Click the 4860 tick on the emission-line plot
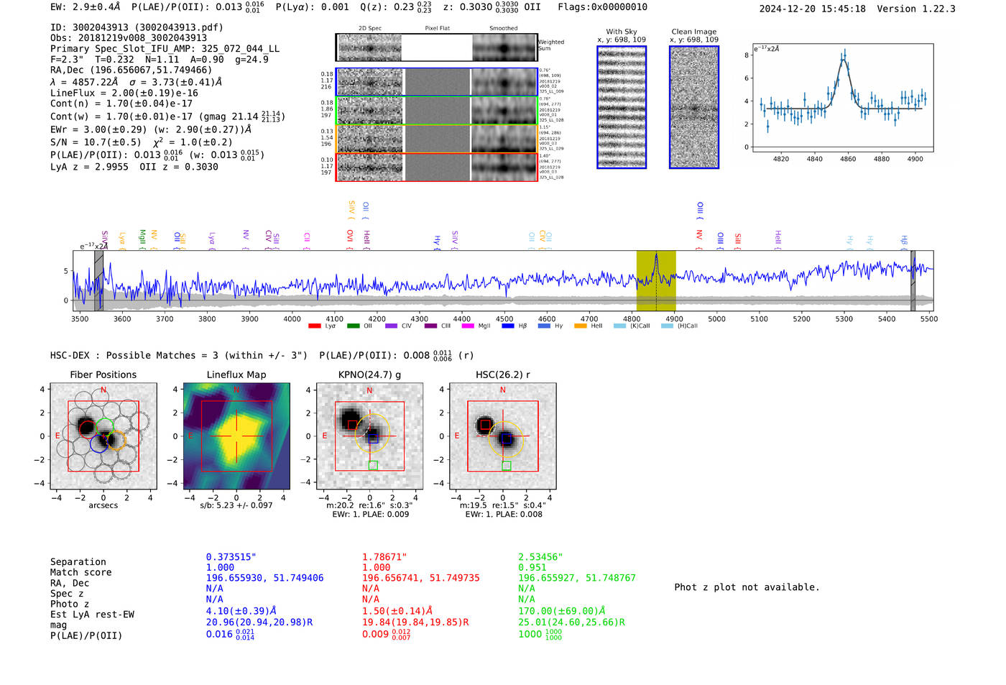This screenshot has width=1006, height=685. [x=848, y=159]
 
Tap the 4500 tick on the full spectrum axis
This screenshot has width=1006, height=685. [x=504, y=318]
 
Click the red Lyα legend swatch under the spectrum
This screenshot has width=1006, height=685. [x=314, y=326]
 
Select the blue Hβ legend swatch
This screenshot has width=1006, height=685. [x=508, y=326]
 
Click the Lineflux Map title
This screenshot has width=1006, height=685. [x=236, y=374]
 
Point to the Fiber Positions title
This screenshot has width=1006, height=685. [x=103, y=374]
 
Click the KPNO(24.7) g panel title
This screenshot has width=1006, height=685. [x=369, y=374]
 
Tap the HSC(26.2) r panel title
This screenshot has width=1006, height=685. [x=502, y=374]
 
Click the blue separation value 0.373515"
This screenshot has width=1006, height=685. [x=231, y=557]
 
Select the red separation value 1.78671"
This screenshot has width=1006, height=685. [x=384, y=557]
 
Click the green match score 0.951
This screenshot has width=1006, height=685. [x=532, y=567]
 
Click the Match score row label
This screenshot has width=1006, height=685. [x=80, y=572]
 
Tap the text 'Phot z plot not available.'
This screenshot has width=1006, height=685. [x=747, y=587]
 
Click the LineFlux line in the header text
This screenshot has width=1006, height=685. [x=124, y=93]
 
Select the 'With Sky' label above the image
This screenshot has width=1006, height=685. [x=621, y=32]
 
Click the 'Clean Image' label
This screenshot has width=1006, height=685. [x=693, y=32]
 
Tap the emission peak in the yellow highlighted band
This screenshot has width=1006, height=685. [x=655, y=256]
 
